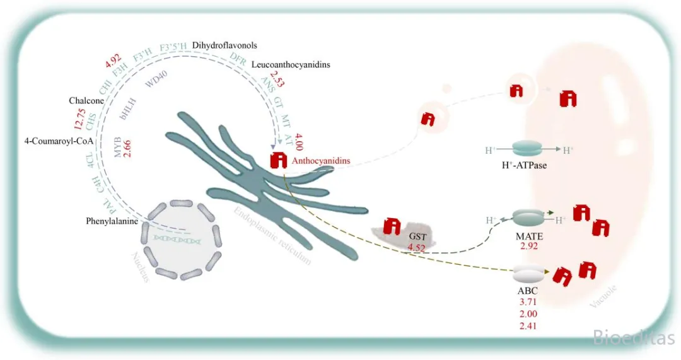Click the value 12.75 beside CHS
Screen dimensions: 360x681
79,118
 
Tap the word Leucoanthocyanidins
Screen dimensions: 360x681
290,64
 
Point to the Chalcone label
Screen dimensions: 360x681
86,101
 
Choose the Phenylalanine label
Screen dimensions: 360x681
112,221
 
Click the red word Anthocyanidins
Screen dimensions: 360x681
321,161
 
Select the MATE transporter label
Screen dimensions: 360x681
529,235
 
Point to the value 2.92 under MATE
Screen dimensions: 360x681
529,246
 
